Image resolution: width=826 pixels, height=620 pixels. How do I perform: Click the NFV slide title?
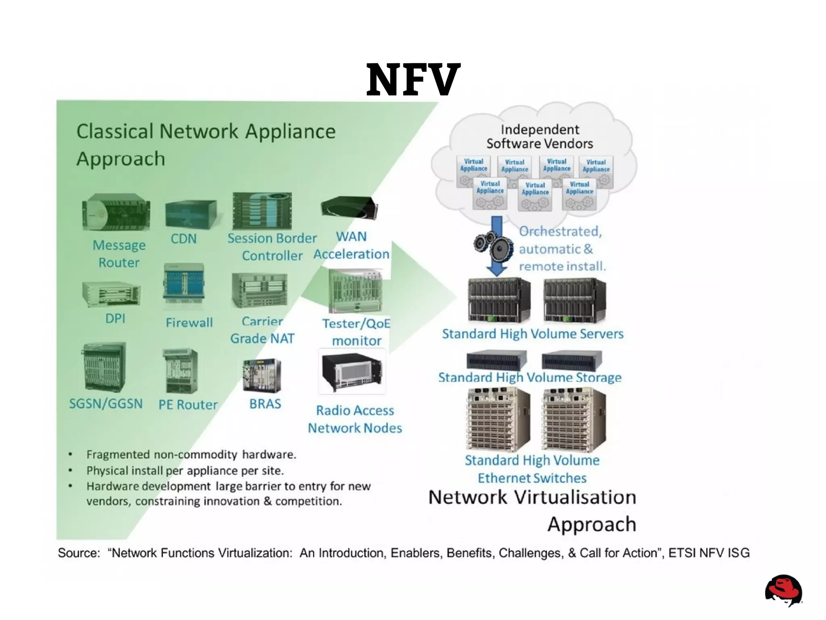pos(413,79)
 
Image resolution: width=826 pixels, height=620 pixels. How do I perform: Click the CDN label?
pos(184,239)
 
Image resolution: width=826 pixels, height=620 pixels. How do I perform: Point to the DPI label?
pos(115,319)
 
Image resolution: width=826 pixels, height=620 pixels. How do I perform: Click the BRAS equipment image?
pos(262,375)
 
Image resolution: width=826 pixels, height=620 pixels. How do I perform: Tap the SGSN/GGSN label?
pos(106,404)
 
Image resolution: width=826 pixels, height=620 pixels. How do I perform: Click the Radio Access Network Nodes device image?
pos(352,371)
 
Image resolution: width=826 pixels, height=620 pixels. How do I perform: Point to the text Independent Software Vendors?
pos(540,137)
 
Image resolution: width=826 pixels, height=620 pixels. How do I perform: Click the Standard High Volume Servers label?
pos(532,334)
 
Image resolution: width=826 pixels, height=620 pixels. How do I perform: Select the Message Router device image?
pos(116,213)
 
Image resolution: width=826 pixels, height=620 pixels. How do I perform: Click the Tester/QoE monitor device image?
pos(355,292)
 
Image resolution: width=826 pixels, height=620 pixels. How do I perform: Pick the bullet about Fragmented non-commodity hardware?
pos(191,455)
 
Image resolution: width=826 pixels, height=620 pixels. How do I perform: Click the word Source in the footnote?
pos(79,553)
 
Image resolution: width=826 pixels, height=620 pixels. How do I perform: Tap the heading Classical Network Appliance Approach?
pos(206,144)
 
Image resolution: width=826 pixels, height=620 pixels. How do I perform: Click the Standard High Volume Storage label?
pos(530,378)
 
